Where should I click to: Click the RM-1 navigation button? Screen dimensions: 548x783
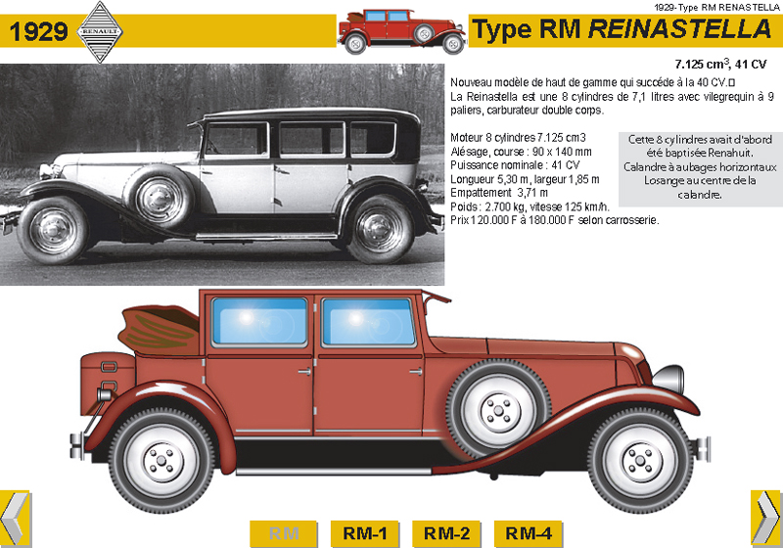tap(365, 533)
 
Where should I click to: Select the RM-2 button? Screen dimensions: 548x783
tap(447, 533)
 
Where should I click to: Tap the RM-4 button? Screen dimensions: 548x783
tap(529, 533)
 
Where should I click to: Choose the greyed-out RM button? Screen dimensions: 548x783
tap(284, 533)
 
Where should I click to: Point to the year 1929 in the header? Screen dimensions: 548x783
tap(39, 32)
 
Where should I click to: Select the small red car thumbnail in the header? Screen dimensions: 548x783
tap(401, 31)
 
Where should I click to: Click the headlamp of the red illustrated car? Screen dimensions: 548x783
tap(668, 378)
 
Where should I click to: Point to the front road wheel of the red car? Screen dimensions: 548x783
tap(631, 458)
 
